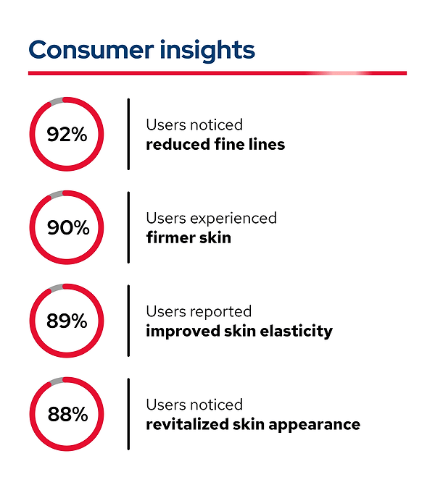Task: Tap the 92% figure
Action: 67,135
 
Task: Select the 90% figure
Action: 67,228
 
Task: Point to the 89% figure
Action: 67,321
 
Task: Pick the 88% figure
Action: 67,415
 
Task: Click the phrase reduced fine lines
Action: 215,145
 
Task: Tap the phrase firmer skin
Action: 188,237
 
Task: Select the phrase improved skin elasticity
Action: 239,332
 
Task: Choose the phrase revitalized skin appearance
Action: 253,425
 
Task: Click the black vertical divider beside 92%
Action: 128,135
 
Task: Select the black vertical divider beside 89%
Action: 128,321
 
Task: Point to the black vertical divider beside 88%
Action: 128,415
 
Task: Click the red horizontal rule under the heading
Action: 181,73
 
